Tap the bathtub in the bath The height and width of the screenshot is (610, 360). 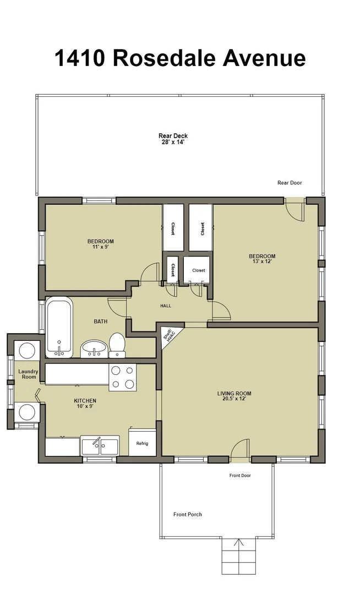pos(59,328)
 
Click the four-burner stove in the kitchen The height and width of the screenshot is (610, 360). pos(122,377)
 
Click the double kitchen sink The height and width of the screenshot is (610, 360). pos(100,446)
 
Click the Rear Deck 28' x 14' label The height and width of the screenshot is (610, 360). pos(173,139)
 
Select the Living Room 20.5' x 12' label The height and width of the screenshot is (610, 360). pos(234,396)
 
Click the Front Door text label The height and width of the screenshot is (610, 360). pos(240,476)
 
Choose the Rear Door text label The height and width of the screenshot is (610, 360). pos(290,182)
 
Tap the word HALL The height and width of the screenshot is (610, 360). pos(166,306)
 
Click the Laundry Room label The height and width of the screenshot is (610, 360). pos(29,374)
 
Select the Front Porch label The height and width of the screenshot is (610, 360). pos(188,514)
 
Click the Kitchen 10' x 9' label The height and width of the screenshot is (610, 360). pos(85,404)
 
